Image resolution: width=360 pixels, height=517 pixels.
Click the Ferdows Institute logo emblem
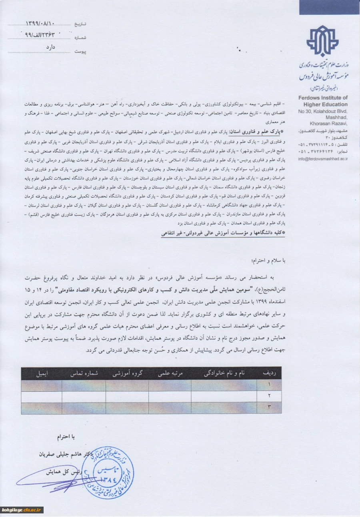point(322,41)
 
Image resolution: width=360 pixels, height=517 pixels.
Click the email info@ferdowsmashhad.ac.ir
point(323,158)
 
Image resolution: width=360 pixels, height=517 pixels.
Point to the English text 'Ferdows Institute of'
point(323,98)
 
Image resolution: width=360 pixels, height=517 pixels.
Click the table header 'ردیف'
point(271,373)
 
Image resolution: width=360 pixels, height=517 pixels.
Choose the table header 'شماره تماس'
point(84,373)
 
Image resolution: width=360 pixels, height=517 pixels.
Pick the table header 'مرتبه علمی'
point(169,373)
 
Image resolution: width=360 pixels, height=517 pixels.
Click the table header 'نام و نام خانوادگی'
point(224,373)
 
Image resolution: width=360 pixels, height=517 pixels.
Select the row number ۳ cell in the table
point(269,408)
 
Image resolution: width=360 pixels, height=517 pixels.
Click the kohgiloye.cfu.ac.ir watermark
point(22,510)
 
